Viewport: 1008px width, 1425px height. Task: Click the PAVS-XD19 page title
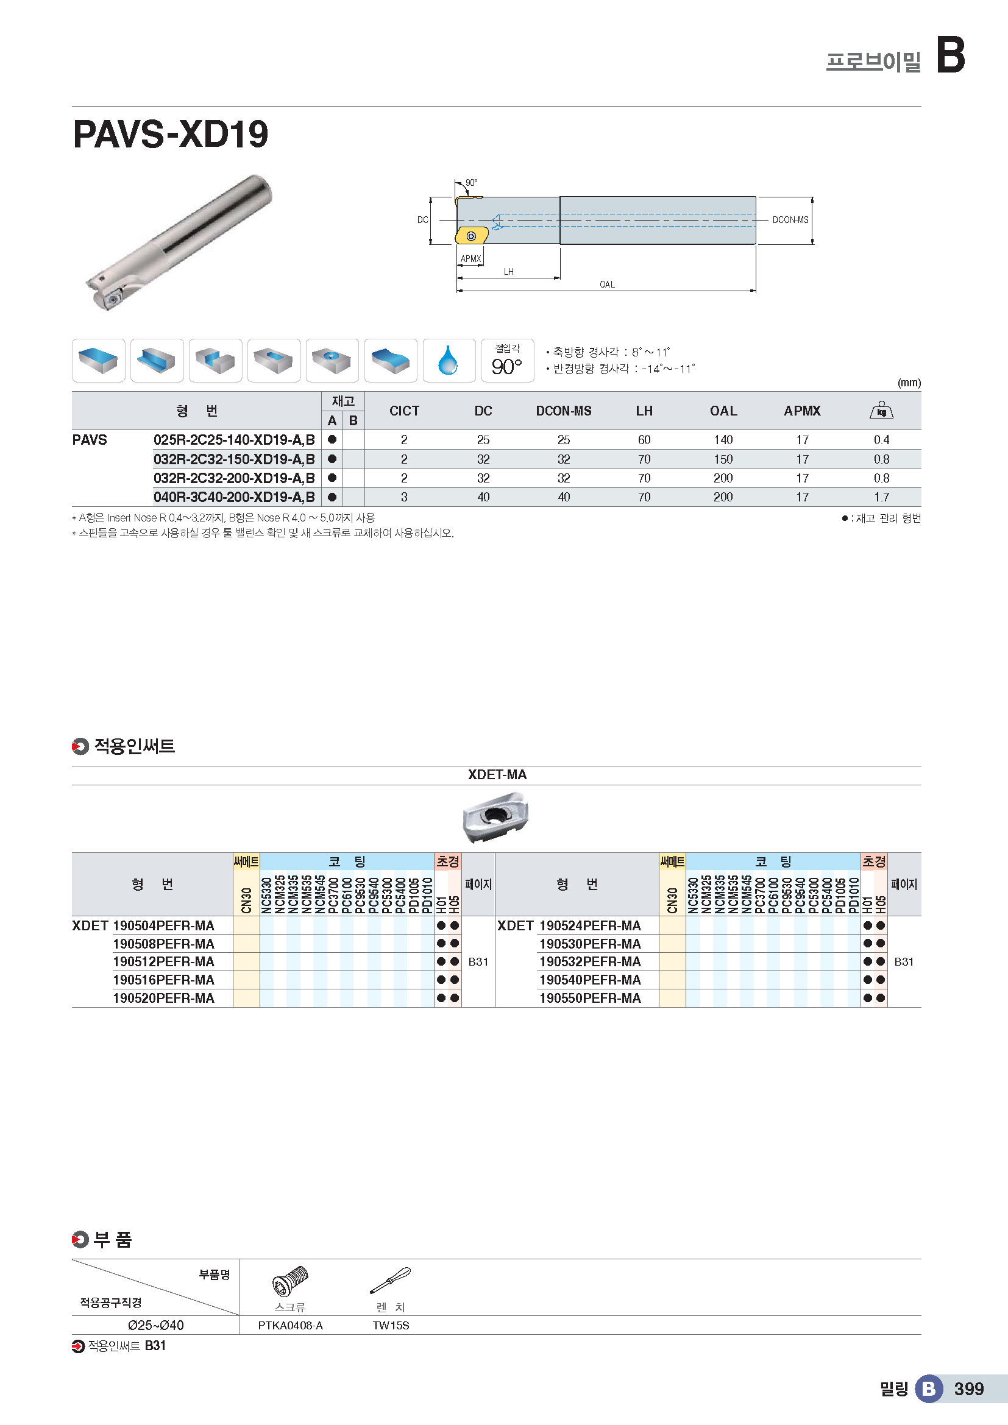click(x=171, y=134)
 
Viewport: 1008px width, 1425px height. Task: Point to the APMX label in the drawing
click(x=470, y=259)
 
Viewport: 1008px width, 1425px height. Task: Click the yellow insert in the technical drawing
click(x=471, y=236)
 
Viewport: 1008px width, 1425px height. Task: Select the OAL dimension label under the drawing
click(x=606, y=285)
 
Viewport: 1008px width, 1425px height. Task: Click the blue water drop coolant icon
click(x=448, y=361)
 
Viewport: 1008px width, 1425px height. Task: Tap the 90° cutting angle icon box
click(x=507, y=361)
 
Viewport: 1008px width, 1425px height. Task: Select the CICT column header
click(x=404, y=411)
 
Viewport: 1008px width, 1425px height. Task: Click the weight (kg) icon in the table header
click(x=881, y=410)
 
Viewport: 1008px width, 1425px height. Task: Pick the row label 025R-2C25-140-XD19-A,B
click(x=234, y=440)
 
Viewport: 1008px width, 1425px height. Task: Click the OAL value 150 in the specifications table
click(x=723, y=459)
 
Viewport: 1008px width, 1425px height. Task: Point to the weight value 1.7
click(x=881, y=497)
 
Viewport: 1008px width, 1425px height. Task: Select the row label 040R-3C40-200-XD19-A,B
click(x=234, y=497)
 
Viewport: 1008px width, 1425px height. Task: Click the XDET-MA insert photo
click(x=495, y=817)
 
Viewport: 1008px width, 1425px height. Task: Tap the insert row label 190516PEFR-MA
click(x=163, y=980)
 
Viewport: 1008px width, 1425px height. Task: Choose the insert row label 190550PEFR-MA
click(x=590, y=998)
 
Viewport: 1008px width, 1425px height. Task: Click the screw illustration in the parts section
click(x=290, y=1281)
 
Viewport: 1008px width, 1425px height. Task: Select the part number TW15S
click(x=391, y=1326)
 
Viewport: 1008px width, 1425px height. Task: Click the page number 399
click(x=968, y=1389)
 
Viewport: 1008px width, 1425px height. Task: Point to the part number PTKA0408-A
click(x=291, y=1326)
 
